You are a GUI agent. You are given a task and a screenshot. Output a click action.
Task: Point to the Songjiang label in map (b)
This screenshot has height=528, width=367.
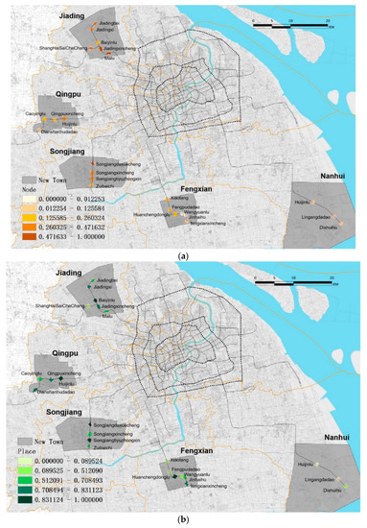pyautogui.click(x=71, y=406)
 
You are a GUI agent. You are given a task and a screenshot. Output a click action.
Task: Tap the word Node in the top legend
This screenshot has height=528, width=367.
pyautogui.click(x=29, y=191)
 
